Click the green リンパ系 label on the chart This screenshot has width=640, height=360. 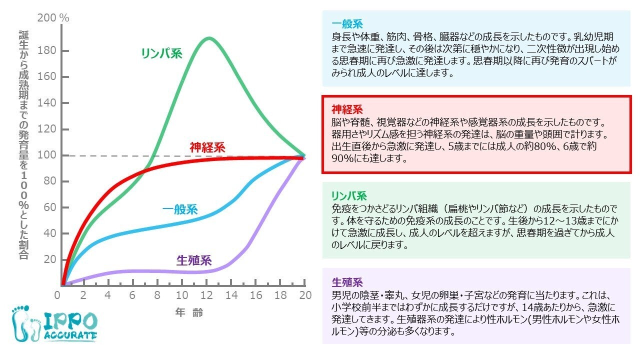161,53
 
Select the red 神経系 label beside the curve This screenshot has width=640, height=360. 207,147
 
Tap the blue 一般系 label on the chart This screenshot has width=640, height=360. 180,209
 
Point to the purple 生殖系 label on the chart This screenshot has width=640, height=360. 194,260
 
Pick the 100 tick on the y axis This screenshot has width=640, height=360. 48,155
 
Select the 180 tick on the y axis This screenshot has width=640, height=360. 48,51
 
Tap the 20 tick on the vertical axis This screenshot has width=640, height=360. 50,259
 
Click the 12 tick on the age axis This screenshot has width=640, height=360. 206,295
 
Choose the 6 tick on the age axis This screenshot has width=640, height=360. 132,295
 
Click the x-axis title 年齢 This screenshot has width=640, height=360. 189,313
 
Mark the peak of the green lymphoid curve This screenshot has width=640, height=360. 208,38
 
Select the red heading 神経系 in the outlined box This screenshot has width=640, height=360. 347,109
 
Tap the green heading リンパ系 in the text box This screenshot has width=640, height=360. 349,195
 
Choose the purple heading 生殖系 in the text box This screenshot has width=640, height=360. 347,281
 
